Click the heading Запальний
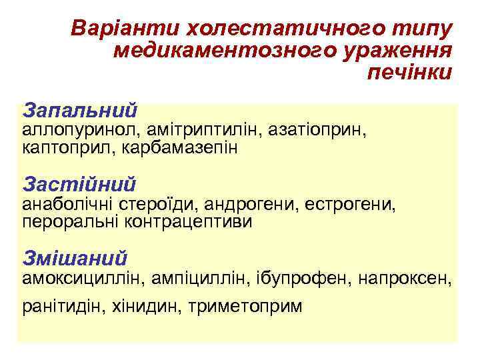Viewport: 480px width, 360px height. tap(80, 109)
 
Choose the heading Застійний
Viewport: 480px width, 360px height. tap(79, 183)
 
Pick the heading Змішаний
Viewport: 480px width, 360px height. tap(75, 257)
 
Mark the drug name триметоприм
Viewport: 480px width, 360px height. tap(245, 307)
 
